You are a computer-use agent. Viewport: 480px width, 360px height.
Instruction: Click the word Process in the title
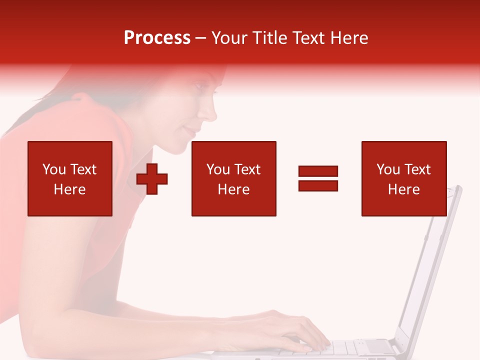point(157,38)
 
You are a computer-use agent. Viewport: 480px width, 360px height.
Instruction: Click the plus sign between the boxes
point(152,179)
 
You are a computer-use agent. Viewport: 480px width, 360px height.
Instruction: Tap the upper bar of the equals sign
point(318,171)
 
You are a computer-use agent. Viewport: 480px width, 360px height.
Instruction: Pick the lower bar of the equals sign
point(318,185)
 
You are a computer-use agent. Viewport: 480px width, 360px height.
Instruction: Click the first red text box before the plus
point(70,178)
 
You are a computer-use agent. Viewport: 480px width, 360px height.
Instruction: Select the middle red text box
point(234,178)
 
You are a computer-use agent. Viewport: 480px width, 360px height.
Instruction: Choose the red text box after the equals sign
point(404,178)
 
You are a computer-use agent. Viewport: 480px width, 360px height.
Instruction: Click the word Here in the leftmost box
point(70,189)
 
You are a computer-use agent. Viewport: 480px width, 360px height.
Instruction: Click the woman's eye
point(199,86)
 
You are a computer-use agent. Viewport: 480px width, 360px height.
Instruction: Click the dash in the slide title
point(201,38)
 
